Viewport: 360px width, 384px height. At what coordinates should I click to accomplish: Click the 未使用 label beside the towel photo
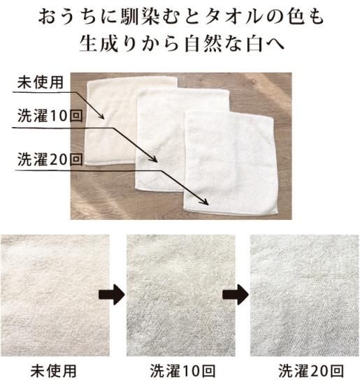click(x=41, y=82)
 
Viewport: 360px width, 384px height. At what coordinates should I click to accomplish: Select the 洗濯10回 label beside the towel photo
click(x=50, y=116)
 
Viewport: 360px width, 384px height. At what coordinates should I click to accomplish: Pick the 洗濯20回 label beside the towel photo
click(x=50, y=159)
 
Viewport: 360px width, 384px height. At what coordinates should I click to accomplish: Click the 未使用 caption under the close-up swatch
click(x=53, y=371)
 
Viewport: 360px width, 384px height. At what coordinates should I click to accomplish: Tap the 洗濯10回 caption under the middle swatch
click(x=182, y=371)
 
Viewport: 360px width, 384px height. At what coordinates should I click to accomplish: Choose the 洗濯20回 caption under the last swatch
click(x=311, y=371)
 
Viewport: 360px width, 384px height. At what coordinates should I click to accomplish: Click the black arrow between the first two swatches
click(x=112, y=295)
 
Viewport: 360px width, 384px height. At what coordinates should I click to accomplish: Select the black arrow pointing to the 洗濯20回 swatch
click(x=236, y=295)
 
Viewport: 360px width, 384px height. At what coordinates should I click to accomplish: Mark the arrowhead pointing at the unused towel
click(x=101, y=116)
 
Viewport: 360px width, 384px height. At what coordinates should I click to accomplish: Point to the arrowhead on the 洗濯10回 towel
click(x=154, y=159)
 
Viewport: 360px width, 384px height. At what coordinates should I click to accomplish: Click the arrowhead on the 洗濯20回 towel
click(x=205, y=202)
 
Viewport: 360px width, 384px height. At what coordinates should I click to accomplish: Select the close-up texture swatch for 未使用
click(x=55, y=295)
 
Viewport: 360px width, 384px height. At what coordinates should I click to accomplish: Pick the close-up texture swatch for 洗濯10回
click(x=181, y=295)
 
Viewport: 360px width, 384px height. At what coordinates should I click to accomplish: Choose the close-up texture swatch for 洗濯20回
click(x=304, y=295)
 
